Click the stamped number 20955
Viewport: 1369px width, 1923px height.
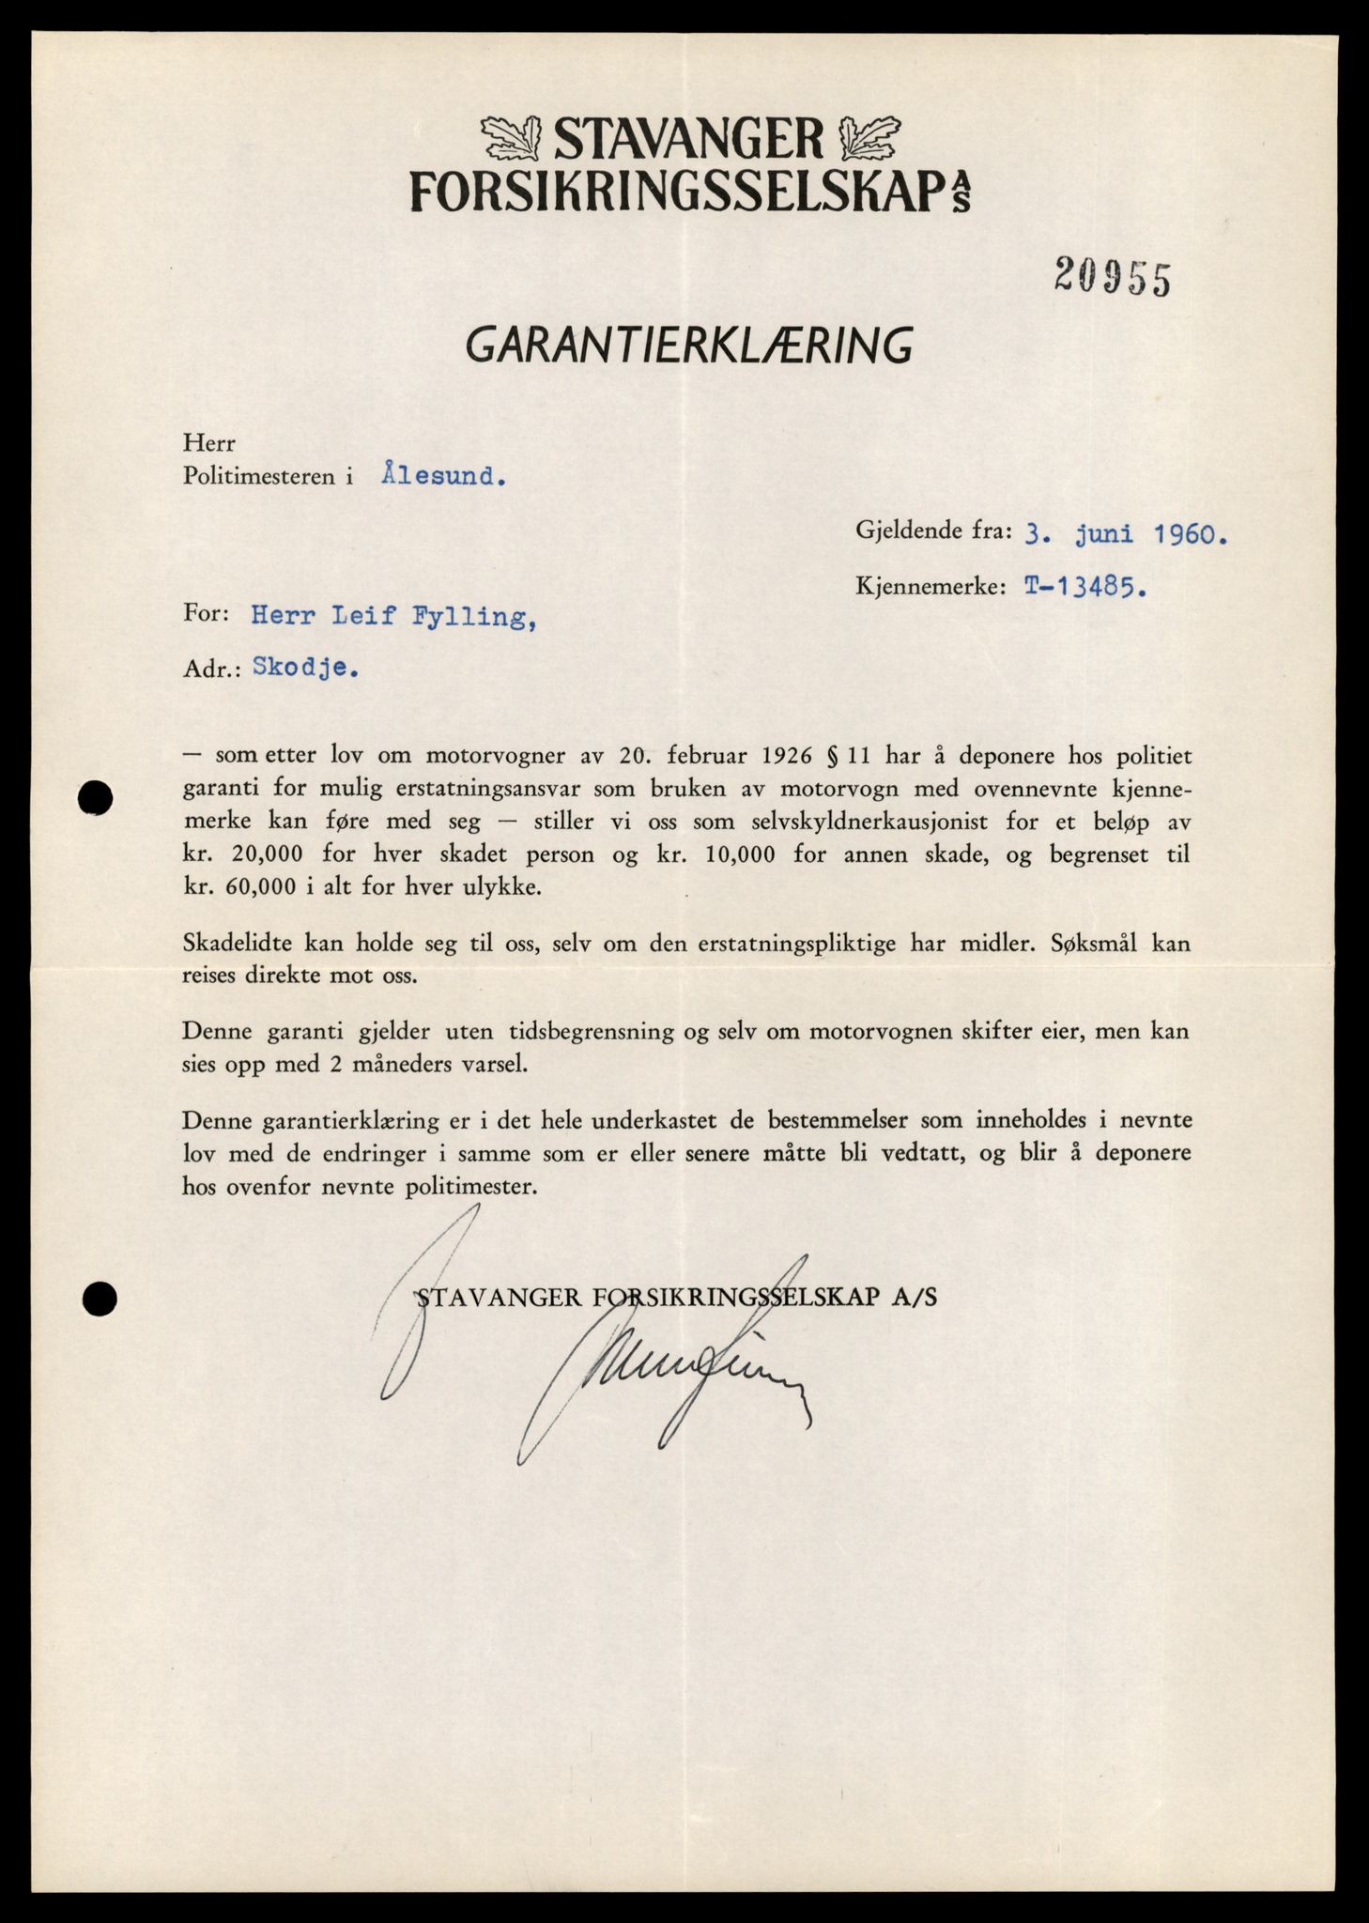click(1112, 278)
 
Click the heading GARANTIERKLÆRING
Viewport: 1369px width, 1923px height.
click(689, 346)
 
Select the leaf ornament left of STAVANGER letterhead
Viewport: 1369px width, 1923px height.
click(513, 139)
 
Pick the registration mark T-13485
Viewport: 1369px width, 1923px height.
click(1084, 587)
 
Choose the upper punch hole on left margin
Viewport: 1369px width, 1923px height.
click(97, 798)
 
